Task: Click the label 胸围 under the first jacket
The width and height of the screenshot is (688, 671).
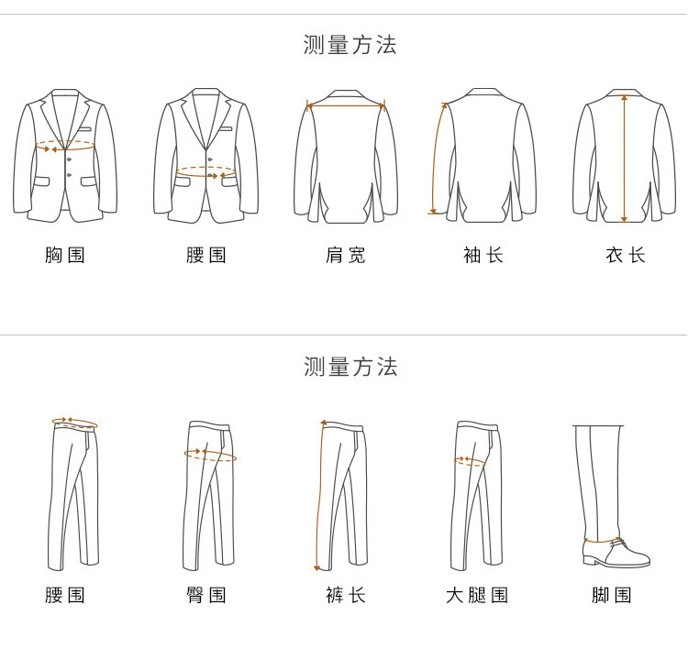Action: (x=64, y=255)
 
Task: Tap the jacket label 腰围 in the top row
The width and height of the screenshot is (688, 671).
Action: (x=205, y=255)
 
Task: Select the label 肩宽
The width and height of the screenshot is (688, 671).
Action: (x=345, y=255)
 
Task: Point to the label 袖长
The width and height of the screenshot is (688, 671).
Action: (x=483, y=255)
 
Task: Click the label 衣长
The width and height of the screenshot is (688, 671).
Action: (x=625, y=255)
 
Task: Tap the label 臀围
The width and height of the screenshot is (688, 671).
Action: (x=205, y=595)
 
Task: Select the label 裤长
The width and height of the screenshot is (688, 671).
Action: (x=345, y=595)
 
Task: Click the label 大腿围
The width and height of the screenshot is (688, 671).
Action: (x=477, y=595)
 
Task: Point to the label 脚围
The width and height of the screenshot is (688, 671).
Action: (x=612, y=595)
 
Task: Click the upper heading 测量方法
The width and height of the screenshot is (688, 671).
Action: (x=350, y=45)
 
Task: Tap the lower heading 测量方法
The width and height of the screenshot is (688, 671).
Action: (x=350, y=367)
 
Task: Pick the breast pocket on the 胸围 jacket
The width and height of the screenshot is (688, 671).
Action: (x=84, y=129)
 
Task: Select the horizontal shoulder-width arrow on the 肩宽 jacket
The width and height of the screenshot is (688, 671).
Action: (x=346, y=105)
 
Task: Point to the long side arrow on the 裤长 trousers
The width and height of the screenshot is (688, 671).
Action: (x=319, y=495)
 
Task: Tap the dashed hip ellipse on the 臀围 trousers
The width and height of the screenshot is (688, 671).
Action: (x=210, y=455)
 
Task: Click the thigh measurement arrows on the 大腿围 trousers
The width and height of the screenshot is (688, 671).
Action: (x=470, y=460)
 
